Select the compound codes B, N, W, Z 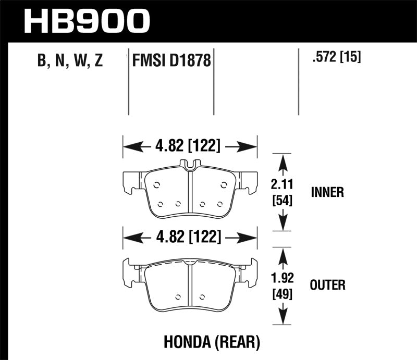click(x=70, y=62)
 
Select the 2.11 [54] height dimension click(x=282, y=192)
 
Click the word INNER click(x=327, y=192)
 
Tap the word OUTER click(x=327, y=284)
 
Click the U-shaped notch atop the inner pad click(x=190, y=165)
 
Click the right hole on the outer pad click(x=203, y=297)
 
